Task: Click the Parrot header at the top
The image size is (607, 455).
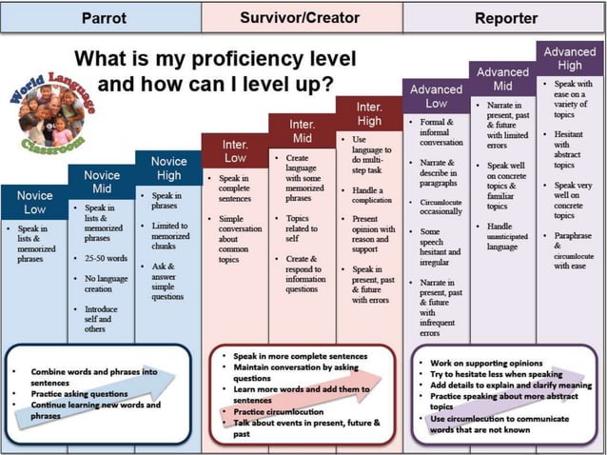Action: coord(105,17)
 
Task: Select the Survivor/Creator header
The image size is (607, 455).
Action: coord(300,17)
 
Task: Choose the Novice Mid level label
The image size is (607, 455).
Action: coord(102,183)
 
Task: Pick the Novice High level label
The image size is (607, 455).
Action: coord(168,168)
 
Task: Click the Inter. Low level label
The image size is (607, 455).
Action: coord(235,150)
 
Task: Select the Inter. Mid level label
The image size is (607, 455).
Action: coord(302,131)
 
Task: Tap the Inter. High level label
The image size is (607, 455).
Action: coord(369,114)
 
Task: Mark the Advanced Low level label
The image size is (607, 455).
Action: coord(436,96)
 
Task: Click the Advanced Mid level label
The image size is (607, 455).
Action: coord(502,79)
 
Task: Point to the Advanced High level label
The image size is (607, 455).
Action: coord(570,58)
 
